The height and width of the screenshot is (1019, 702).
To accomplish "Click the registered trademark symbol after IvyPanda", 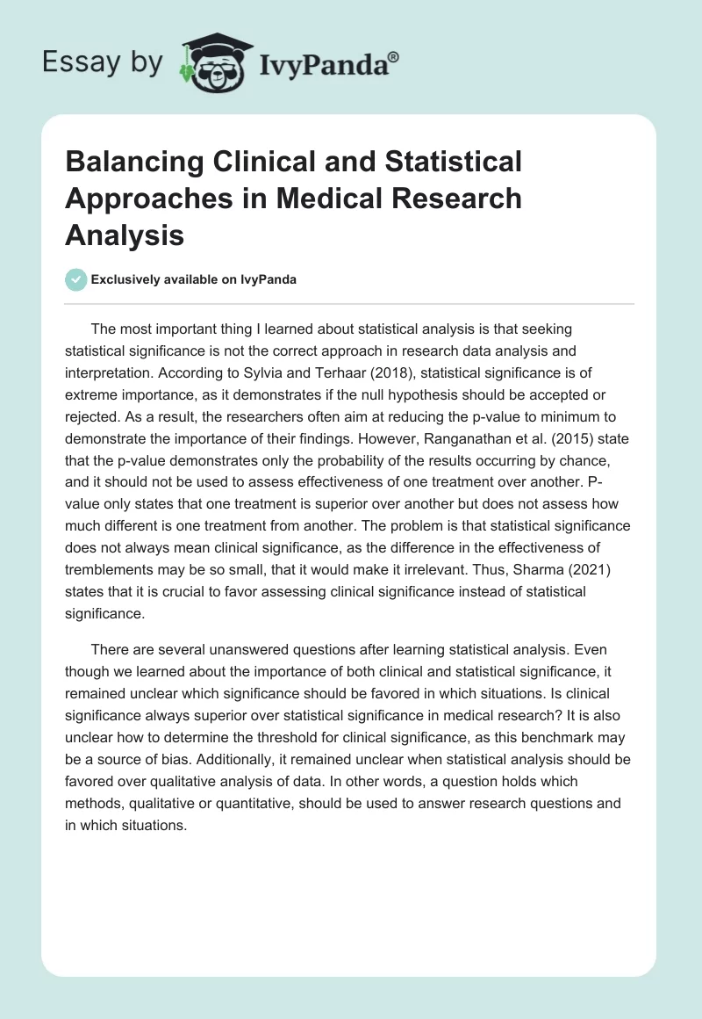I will (x=394, y=54).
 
